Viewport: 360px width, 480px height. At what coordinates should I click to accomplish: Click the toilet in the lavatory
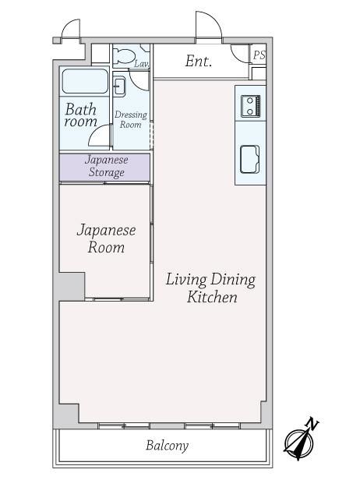pyautogui.click(x=125, y=55)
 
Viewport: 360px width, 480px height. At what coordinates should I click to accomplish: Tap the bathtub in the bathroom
pyautogui.click(x=85, y=81)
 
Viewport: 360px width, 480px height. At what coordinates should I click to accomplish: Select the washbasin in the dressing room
pyautogui.click(x=118, y=86)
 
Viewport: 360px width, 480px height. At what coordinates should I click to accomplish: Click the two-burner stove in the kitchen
pyautogui.click(x=250, y=106)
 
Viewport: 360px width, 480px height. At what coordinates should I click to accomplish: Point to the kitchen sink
pyautogui.click(x=250, y=159)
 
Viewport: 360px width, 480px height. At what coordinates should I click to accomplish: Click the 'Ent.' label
pyautogui.click(x=199, y=62)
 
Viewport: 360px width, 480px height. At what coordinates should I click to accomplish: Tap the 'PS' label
pyautogui.click(x=259, y=55)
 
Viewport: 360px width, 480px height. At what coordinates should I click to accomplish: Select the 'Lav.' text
pyautogui.click(x=142, y=64)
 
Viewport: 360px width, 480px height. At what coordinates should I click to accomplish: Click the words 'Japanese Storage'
pyautogui.click(x=106, y=166)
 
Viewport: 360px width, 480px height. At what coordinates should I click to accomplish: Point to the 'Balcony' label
pyautogui.click(x=167, y=446)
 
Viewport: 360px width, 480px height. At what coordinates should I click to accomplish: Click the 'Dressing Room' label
pyautogui.click(x=131, y=119)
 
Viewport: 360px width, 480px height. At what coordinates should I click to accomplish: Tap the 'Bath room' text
pyautogui.click(x=80, y=115)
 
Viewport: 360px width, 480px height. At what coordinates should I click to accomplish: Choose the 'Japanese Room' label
pyautogui.click(x=106, y=238)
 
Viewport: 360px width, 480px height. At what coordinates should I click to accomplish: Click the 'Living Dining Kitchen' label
pyautogui.click(x=210, y=288)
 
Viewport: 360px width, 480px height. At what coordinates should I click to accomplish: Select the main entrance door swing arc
pyautogui.click(x=214, y=19)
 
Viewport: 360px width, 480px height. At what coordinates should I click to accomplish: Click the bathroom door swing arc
pyautogui.click(x=96, y=133)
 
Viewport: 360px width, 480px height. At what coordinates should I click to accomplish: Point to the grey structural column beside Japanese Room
pyautogui.click(x=69, y=287)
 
